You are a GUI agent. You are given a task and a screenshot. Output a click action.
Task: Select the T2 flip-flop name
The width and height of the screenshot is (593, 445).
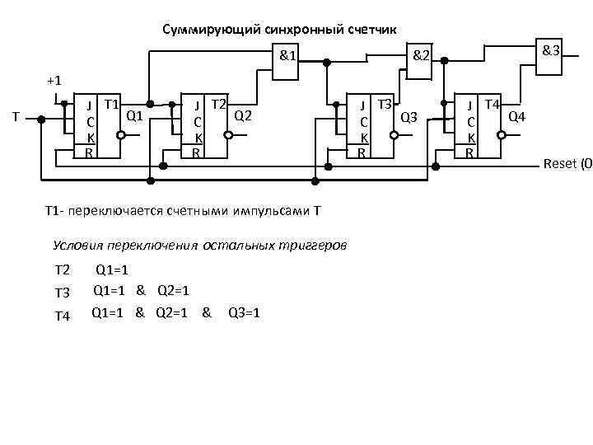218,105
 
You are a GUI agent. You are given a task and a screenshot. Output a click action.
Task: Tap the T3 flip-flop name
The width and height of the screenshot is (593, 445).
384,105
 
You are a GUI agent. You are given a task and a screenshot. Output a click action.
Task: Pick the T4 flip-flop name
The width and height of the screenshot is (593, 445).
492,105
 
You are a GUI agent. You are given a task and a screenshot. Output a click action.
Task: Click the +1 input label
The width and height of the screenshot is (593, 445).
54,81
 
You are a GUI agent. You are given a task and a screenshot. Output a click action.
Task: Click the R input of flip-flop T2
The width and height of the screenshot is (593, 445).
195,152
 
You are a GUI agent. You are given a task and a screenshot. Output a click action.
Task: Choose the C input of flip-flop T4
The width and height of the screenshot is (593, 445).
469,122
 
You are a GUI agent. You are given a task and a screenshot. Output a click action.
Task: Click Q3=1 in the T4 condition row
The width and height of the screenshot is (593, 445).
244,313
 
